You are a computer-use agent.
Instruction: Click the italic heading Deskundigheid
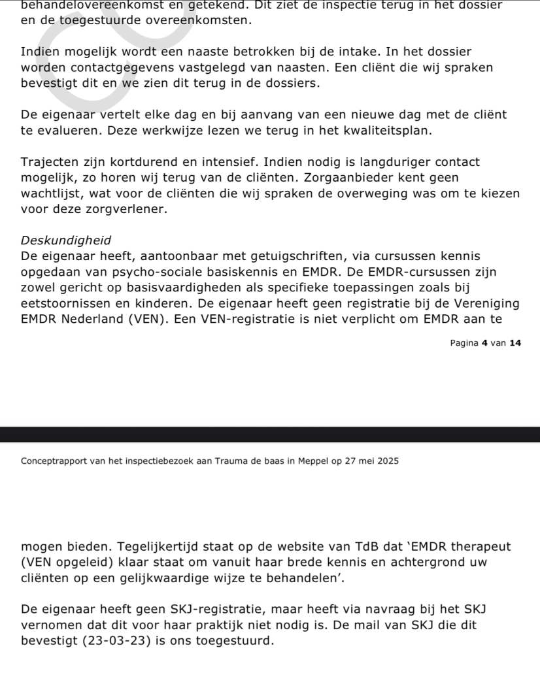[x=66, y=240]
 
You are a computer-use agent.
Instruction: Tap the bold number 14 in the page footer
[x=515, y=342]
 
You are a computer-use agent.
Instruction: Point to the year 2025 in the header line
[x=387, y=461]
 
